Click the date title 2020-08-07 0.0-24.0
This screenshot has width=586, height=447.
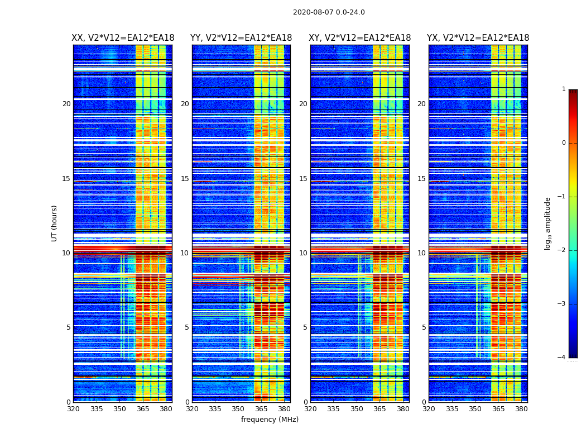click(x=329, y=12)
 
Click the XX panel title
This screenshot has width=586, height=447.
click(x=123, y=38)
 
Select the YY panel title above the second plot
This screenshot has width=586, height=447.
click(x=241, y=38)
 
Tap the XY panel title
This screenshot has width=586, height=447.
click(x=360, y=38)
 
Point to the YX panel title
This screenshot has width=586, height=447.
click(x=478, y=38)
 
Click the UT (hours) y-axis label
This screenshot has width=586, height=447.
click(x=55, y=223)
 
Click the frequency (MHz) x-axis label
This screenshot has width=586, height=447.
click(x=270, y=420)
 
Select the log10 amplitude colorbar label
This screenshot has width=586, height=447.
click(x=548, y=223)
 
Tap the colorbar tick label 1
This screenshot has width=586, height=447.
click(x=564, y=89)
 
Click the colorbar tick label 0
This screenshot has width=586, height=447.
click(x=564, y=143)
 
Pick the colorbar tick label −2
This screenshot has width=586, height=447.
click(x=563, y=250)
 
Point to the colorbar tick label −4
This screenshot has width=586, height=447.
click(x=563, y=358)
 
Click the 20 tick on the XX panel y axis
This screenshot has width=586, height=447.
click(x=66, y=104)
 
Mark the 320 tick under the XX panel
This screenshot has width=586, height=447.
click(x=73, y=409)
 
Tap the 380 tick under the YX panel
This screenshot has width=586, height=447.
click(x=521, y=409)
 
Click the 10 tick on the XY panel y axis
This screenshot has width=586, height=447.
click(x=303, y=253)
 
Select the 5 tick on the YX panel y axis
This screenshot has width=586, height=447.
click(x=424, y=327)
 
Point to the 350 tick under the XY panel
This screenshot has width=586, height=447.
click(x=357, y=409)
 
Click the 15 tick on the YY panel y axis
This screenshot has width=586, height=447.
click(x=185, y=179)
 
